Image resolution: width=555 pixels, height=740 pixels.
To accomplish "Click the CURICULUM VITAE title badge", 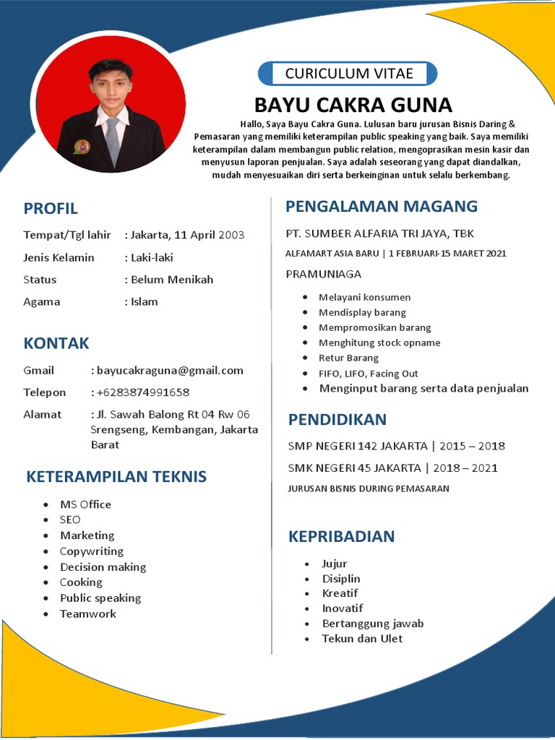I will (348, 74).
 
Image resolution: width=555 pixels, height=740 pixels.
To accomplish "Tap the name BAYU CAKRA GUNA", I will (353, 106).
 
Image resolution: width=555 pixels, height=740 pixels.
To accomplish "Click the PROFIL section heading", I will (51, 209).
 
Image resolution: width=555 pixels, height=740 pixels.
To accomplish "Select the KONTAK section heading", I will (56, 343).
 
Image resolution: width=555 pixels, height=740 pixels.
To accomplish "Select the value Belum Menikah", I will (172, 280).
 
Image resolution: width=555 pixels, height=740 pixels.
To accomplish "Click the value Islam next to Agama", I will (145, 302).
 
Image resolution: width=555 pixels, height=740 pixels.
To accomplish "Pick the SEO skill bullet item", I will (70, 520).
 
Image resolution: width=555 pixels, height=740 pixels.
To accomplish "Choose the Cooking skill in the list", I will (81, 582).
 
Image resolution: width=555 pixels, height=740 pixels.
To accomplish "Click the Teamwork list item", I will (88, 614).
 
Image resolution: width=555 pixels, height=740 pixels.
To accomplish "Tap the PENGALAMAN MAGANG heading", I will (382, 207).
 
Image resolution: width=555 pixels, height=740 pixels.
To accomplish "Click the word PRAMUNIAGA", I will (324, 274).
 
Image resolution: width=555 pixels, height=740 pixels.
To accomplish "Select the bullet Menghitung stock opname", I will (379, 343).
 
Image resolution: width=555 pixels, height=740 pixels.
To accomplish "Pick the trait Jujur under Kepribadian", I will (335, 564).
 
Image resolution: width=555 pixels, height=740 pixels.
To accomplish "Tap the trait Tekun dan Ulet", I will (362, 639).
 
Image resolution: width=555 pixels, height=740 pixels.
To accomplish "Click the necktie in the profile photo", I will (112, 141).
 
